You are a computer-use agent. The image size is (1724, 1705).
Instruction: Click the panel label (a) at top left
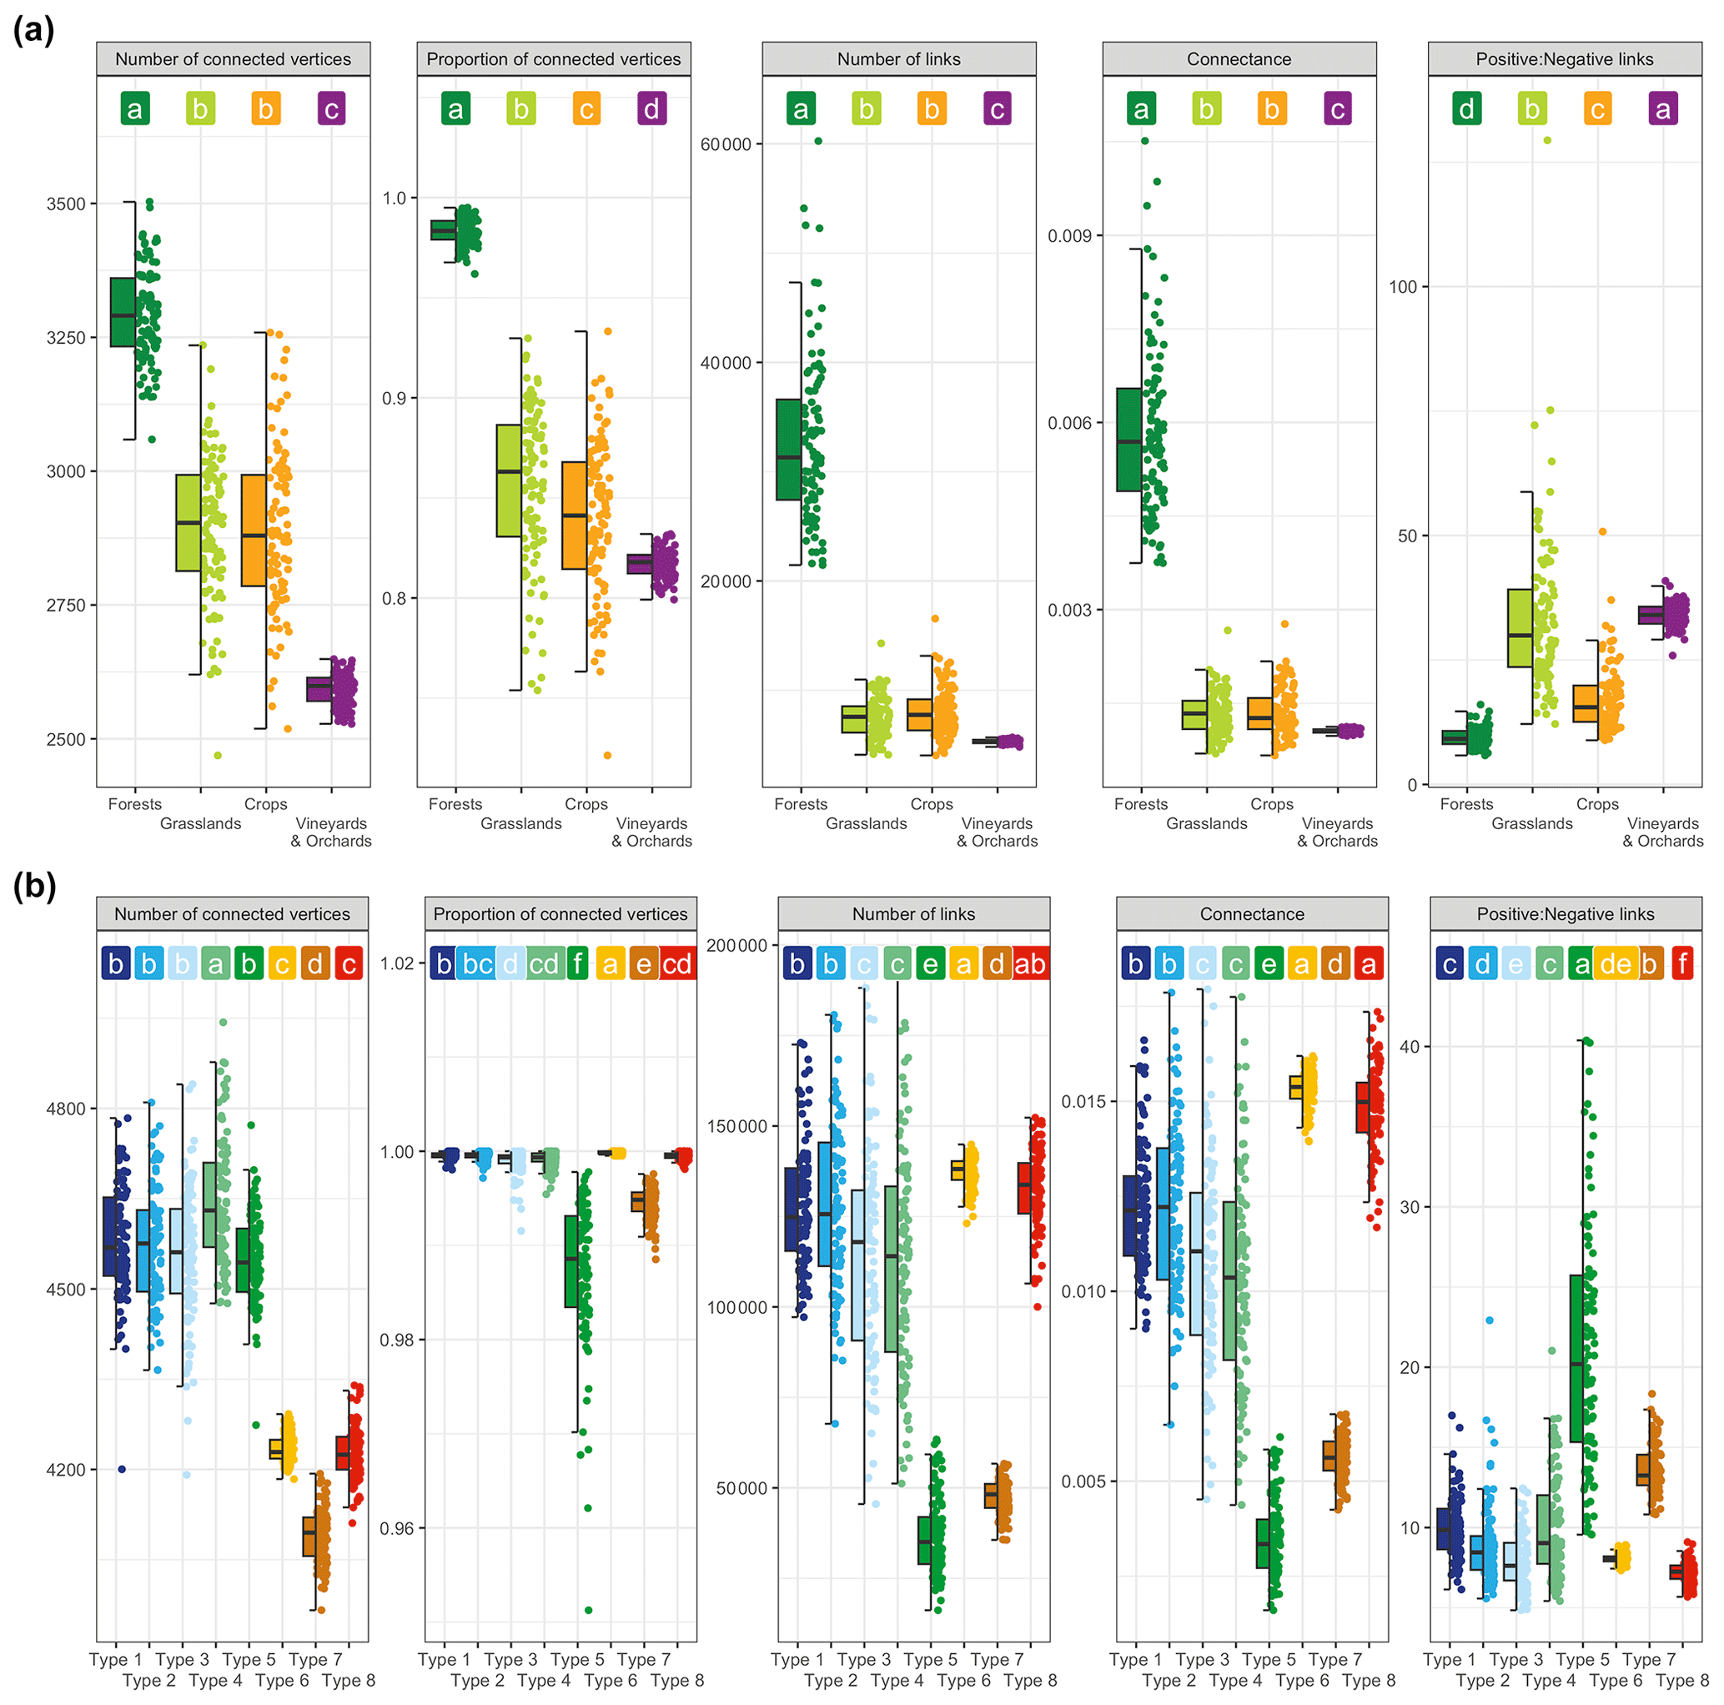coord(34,31)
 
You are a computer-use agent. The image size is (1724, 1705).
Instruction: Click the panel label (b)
coord(34,886)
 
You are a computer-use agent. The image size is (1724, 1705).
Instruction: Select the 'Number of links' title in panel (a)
coord(898,59)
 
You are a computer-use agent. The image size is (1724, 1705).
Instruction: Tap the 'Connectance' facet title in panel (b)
coord(1251,913)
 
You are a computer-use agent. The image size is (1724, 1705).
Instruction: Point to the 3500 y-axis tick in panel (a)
coord(66,204)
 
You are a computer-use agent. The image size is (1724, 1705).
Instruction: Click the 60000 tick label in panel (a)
coord(726,144)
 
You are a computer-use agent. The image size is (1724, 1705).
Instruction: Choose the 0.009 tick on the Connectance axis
coord(1069,235)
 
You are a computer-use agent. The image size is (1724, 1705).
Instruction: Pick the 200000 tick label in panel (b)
coord(736,946)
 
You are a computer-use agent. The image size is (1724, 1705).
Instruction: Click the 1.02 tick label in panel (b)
coord(397,963)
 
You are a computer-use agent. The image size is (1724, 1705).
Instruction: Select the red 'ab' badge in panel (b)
coord(1030,964)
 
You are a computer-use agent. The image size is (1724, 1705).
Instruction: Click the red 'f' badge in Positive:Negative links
coord(1682,964)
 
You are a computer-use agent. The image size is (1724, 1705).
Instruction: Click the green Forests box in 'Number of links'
coord(788,449)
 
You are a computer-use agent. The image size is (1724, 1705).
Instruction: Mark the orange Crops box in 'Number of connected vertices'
coord(254,530)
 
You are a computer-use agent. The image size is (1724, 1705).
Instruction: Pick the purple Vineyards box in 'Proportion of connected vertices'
coord(639,564)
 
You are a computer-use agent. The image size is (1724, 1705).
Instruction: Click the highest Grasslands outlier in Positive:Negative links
coord(1547,140)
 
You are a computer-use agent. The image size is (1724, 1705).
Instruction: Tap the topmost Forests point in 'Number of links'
coord(817,141)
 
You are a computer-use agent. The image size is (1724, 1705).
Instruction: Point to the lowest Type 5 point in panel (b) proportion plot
coord(588,1611)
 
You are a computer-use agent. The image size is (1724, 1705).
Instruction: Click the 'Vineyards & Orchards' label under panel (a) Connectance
coord(1337,832)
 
